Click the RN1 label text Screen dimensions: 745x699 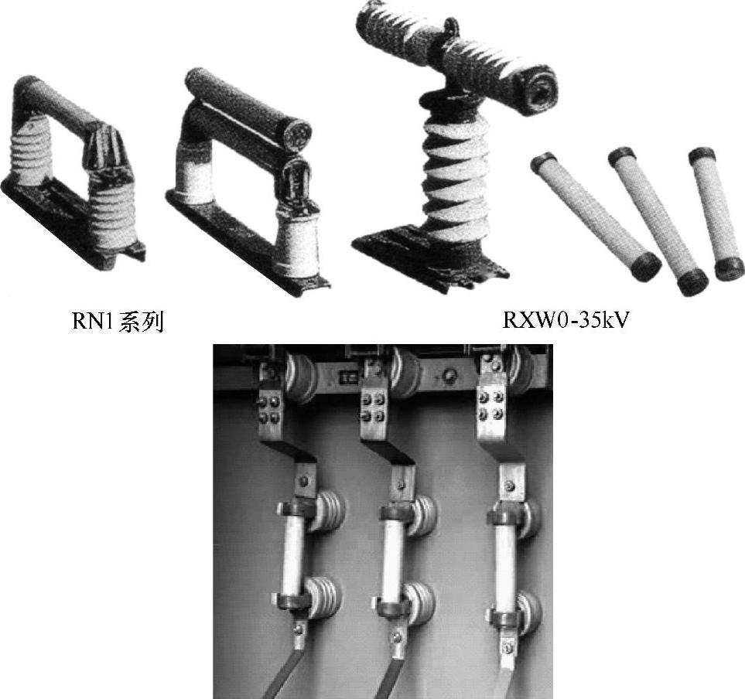[118, 322]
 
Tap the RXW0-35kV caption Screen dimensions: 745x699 [565, 321]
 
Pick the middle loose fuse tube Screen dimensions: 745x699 [658, 221]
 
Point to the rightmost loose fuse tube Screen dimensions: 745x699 [716, 213]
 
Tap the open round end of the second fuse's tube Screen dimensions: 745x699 [298, 131]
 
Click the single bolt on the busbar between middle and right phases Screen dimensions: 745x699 [448, 377]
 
